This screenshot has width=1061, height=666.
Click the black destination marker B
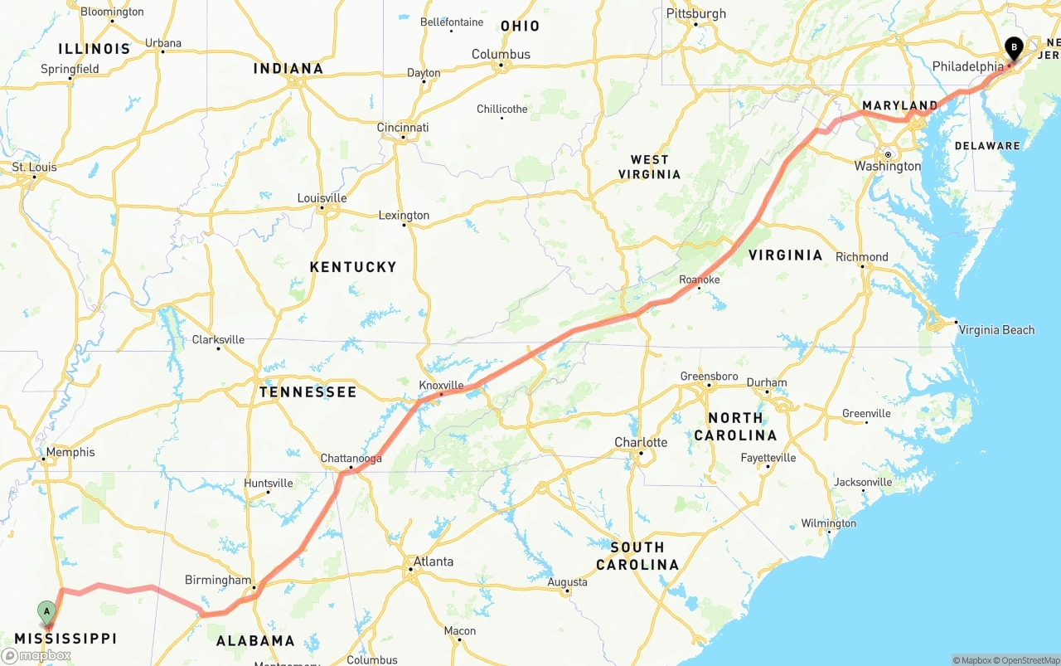(x=1013, y=48)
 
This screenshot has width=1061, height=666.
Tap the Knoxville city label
(x=441, y=386)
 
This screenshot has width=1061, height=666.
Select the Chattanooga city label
(x=351, y=459)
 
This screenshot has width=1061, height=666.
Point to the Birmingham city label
(x=218, y=581)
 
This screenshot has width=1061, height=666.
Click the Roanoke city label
(x=699, y=280)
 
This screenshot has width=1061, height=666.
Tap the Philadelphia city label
(x=967, y=66)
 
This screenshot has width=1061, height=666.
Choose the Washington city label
(x=888, y=167)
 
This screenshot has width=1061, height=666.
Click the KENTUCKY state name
(x=353, y=267)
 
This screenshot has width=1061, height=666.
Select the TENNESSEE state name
(x=308, y=392)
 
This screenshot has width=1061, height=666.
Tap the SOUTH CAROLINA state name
(x=637, y=556)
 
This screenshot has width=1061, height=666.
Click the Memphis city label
(x=70, y=453)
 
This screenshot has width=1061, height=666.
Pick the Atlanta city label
(x=433, y=562)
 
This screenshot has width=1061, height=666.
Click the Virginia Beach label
(x=996, y=330)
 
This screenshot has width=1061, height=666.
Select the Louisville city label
(x=322, y=198)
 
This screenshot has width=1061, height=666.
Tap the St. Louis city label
(x=35, y=168)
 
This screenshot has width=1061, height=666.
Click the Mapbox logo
(x=36, y=655)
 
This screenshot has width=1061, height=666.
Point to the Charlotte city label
(x=641, y=443)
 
